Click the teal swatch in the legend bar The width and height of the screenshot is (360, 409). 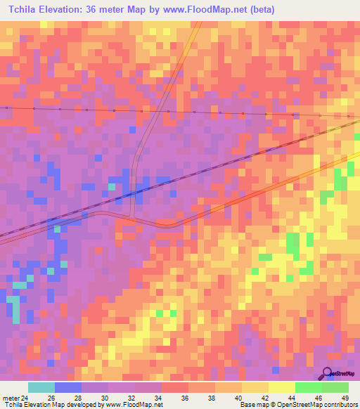pos(41,387)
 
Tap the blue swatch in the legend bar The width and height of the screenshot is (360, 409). pos(68,387)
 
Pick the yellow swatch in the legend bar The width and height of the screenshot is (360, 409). pos(281,387)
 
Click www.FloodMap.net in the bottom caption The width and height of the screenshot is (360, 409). pos(134,405)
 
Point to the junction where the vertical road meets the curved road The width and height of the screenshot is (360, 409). pos(134,216)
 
